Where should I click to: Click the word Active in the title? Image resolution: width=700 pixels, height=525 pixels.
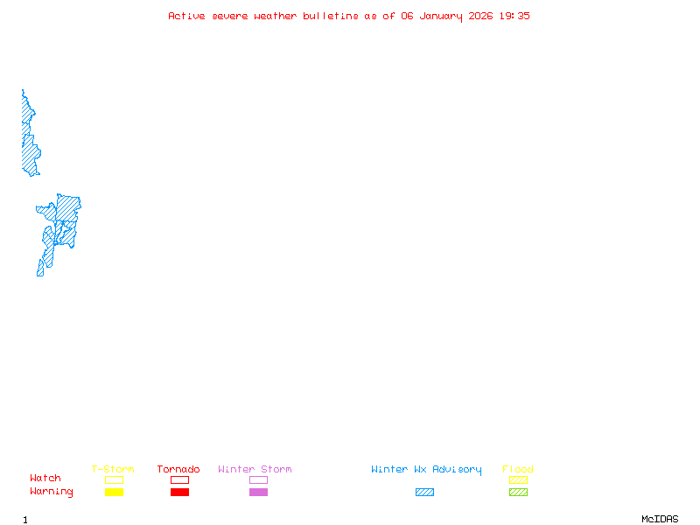[x=186, y=16]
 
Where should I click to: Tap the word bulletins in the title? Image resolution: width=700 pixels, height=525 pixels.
[x=331, y=16]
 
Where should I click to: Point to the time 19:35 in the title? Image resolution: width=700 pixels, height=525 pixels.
[x=514, y=16]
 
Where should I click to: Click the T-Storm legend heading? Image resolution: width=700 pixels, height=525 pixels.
[x=113, y=470]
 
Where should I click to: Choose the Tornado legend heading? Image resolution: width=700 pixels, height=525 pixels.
[x=178, y=470]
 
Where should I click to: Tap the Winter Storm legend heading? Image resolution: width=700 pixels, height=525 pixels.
[x=255, y=470]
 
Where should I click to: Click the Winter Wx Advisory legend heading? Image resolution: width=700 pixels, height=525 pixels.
[x=426, y=470]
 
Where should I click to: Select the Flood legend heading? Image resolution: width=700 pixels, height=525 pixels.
[x=518, y=470]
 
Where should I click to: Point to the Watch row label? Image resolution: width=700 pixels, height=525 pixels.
[x=45, y=479]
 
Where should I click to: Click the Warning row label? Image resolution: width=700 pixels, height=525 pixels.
[x=52, y=492]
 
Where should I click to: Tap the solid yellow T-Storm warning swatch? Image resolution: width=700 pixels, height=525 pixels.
[x=114, y=493]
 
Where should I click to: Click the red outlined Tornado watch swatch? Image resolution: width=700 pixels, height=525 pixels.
[x=179, y=479]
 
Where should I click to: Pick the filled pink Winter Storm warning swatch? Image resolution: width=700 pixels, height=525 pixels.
[x=258, y=493]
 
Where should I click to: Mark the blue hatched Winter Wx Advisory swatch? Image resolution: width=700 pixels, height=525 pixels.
[x=424, y=493]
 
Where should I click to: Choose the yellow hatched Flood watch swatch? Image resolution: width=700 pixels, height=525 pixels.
[x=518, y=479]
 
